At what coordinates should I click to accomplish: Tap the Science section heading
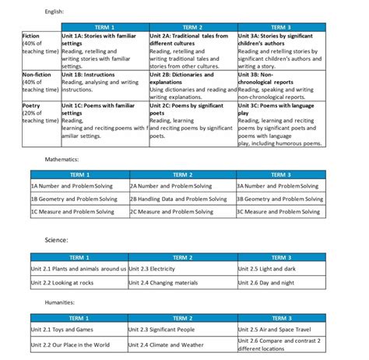[x=56, y=239]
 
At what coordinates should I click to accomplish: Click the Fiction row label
[x=33, y=36]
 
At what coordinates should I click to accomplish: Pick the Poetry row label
[x=33, y=103]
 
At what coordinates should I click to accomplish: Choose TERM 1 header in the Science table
[x=79, y=257]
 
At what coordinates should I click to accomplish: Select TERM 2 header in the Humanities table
[x=182, y=318]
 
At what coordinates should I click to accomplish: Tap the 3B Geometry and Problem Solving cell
[x=278, y=199]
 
